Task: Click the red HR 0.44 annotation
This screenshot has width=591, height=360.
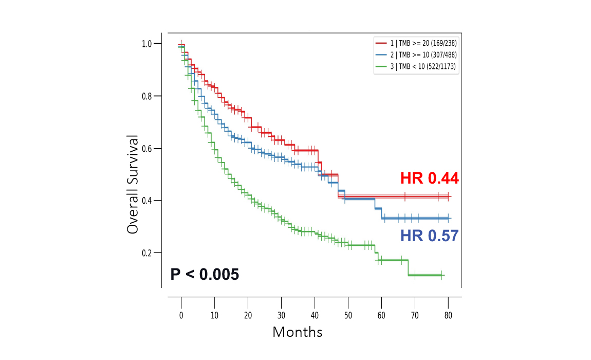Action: click(429, 178)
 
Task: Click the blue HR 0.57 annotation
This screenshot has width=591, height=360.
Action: click(429, 236)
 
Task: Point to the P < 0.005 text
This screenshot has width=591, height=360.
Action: click(205, 275)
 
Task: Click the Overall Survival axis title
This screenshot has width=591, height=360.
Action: click(133, 185)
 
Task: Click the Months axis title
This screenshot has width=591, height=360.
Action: click(297, 332)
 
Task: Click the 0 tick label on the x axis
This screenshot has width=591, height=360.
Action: click(181, 315)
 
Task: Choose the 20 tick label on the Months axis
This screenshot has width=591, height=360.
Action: click(248, 315)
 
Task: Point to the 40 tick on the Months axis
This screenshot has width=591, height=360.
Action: click(315, 315)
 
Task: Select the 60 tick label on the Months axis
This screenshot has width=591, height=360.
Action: click(381, 315)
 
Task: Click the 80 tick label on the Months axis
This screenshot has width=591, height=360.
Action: click(448, 315)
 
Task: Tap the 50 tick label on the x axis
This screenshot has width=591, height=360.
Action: click(348, 315)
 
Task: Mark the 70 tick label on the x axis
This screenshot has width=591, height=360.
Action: click(415, 315)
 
